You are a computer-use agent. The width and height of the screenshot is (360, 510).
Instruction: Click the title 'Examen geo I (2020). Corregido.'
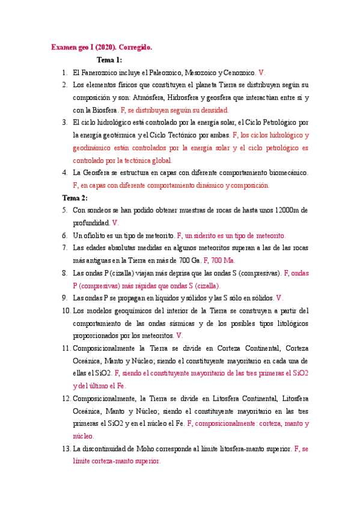102,46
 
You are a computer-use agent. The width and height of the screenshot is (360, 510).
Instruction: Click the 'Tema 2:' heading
75,197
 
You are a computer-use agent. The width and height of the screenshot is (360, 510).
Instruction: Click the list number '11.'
66,348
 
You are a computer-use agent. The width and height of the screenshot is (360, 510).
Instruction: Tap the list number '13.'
66,449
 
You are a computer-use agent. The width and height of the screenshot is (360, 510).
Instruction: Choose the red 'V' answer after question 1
261,72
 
